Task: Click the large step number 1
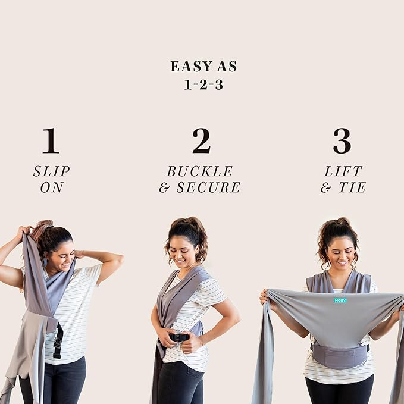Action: coord(51,141)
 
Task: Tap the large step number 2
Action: coord(201,141)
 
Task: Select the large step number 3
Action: coord(342,141)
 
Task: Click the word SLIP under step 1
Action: coord(52,171)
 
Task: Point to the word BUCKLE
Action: coord(199,171)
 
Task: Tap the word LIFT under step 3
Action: coord(343,171)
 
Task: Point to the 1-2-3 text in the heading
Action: coord(203,84)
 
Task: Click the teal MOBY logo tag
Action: coord(340,300)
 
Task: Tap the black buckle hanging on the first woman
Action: coord(58,340)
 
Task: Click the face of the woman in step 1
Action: coord(62,254)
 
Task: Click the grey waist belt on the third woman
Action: coord(339,356)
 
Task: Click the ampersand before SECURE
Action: coord(165,188)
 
